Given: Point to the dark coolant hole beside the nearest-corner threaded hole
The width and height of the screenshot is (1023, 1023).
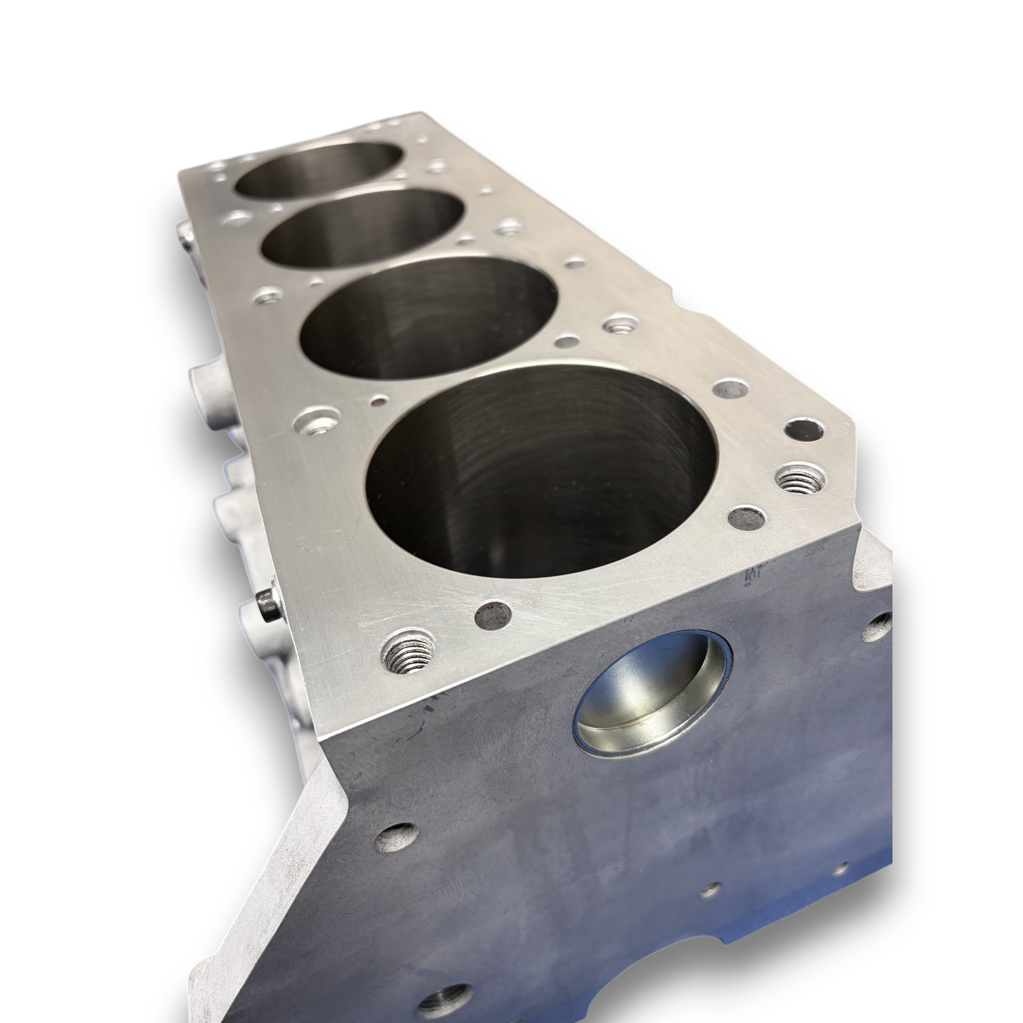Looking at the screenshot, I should point(493,614).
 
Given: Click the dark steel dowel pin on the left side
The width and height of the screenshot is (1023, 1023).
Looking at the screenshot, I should point(267,605).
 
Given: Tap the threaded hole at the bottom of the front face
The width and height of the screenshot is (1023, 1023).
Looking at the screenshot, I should point(444,1001).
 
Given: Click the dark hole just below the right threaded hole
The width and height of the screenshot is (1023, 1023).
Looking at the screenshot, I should point(747,519).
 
